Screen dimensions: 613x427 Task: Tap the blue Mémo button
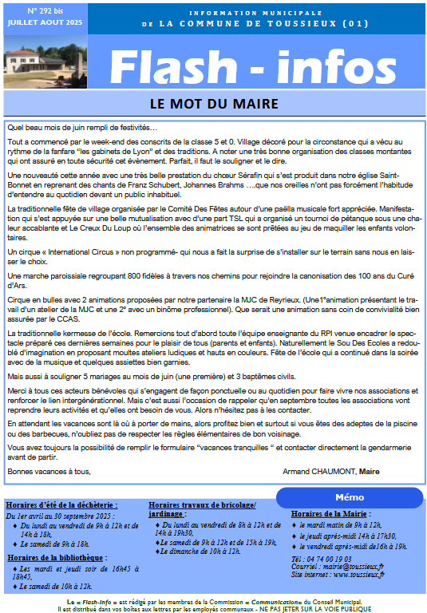[350, 497]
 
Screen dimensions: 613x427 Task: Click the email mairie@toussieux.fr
[350, 567]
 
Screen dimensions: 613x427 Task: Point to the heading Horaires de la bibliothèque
[56, 556]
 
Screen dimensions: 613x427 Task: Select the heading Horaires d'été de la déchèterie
[61, 505]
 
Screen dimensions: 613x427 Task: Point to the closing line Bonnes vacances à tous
[49, 471]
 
